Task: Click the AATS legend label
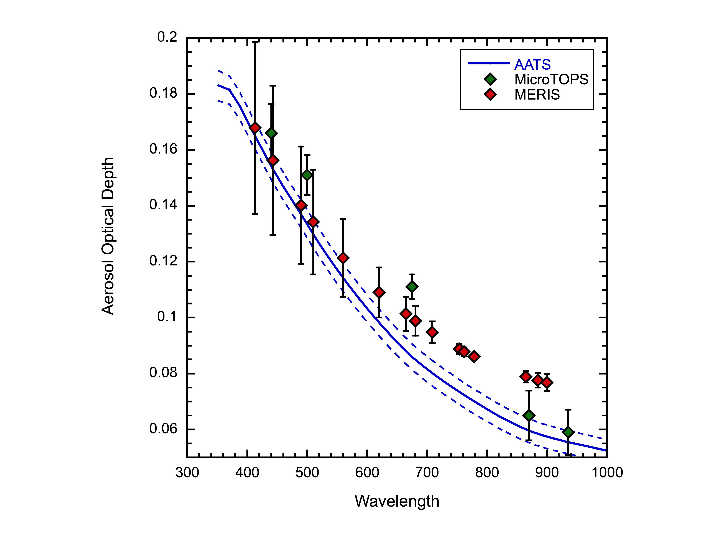pos(532,65)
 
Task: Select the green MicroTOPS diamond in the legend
pos(490,79)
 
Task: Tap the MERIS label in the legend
pos(537,95)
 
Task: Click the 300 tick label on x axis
pos(187,473)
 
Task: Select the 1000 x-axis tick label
pos(607,473)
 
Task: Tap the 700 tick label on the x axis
pos(427,473)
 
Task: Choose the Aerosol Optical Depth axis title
pos(108,236)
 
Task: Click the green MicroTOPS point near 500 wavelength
pos(307,175)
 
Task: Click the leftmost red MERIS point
pos(255,128)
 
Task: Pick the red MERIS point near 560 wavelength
pos(343,258)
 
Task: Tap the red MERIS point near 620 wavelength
pos(379,292)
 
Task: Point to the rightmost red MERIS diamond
pos(547,382)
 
